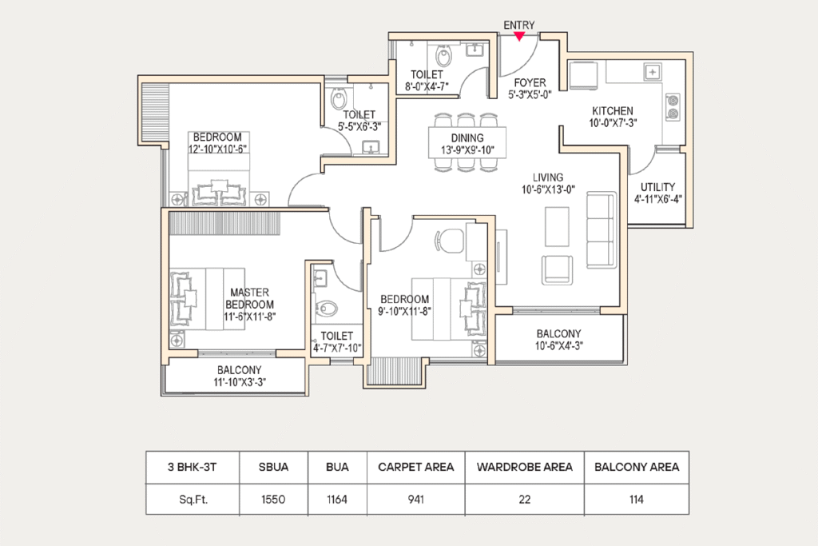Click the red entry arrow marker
click(519, 36)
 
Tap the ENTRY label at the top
click(519, 25)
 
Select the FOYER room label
click(530, 82)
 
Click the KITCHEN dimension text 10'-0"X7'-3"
click(613, 123)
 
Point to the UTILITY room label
click(658, 187)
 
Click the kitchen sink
click(653, 73)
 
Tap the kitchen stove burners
click(673, 108)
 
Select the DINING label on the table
click(467, 137)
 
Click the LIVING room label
click(548, 177)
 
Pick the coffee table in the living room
click(557, 226)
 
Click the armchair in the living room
click(557, 270)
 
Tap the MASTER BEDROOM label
click(249, 298)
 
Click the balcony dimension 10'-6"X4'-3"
click(558, 345)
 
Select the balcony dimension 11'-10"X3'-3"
click(240, 382)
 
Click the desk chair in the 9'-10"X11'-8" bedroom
click(448, 241)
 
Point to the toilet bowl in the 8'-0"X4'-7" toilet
click(444, 57)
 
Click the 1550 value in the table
click(273, 500)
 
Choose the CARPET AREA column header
click(415, 467)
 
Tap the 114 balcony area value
click(637, 500)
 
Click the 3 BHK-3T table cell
click(192, 467)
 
